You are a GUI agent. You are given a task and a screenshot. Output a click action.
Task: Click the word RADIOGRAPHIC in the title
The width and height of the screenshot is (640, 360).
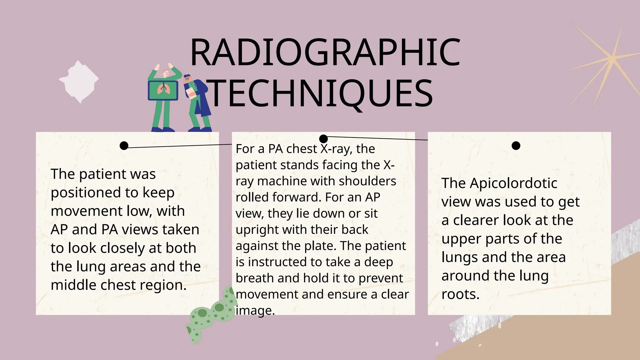[x=325, y=52]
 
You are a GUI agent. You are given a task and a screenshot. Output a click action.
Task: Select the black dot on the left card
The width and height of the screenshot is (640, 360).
[x=124, y=146]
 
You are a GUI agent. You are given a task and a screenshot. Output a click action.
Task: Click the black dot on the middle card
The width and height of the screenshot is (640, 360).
[x=323, y=138]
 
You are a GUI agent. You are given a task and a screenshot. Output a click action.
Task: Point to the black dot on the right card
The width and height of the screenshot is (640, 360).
[x=516, y=146]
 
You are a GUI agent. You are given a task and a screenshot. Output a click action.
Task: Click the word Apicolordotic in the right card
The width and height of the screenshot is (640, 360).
[x=513, y=183]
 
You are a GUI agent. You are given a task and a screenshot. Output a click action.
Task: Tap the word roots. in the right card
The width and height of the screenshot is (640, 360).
[x=460, y=294]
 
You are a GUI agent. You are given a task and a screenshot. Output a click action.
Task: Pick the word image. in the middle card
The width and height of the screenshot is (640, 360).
[x=255, y=311]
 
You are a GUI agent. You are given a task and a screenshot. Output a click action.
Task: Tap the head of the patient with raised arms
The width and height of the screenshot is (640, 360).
[x=166, y=73]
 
